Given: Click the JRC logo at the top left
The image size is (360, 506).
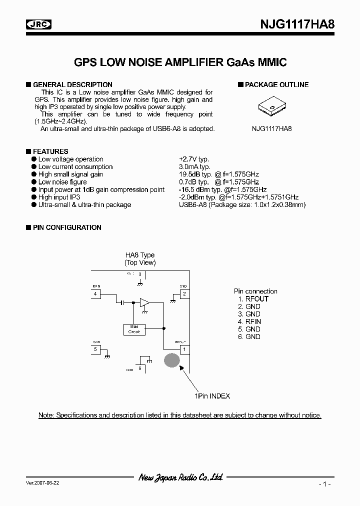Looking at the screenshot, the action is coord(38,24).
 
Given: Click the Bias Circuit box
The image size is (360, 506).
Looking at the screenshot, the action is coord(134,329).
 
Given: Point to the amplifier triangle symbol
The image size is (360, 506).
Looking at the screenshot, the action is coord(145,302).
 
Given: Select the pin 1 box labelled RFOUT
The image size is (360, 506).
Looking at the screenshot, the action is coord(184,349).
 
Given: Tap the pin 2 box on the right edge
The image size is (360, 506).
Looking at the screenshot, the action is coord(184,294).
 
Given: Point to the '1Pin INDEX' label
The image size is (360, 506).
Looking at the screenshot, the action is coord(212,396).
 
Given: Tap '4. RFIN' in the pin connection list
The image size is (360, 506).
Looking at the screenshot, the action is coord(249,321).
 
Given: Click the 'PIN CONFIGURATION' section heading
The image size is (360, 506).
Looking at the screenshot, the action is coord(67,227).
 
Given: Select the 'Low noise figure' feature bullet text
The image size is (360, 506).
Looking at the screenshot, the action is coord(62,182).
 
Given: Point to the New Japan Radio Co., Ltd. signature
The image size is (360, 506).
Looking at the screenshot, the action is coord(180,478).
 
